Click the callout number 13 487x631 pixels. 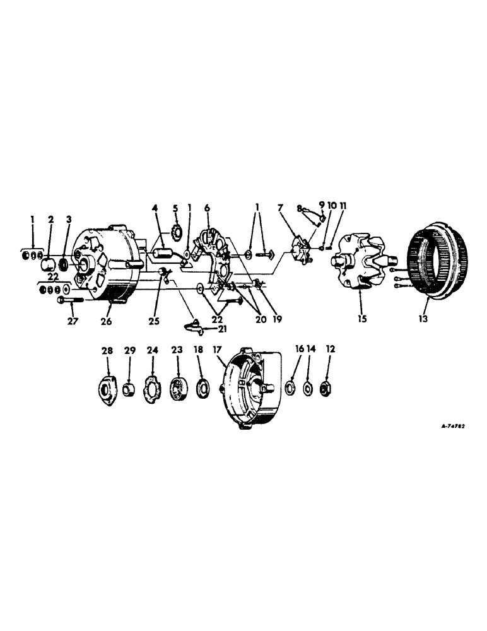pyautogui.click(x=423, y=319)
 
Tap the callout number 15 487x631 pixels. pyautogui.click(x=363, y=319)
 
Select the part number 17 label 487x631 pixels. pyautogui.click(x=218, y=348)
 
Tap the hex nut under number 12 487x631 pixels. pyautogui.click(x=329, y=387)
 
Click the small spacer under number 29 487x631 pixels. pyautogui.click(x=130, y=387)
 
